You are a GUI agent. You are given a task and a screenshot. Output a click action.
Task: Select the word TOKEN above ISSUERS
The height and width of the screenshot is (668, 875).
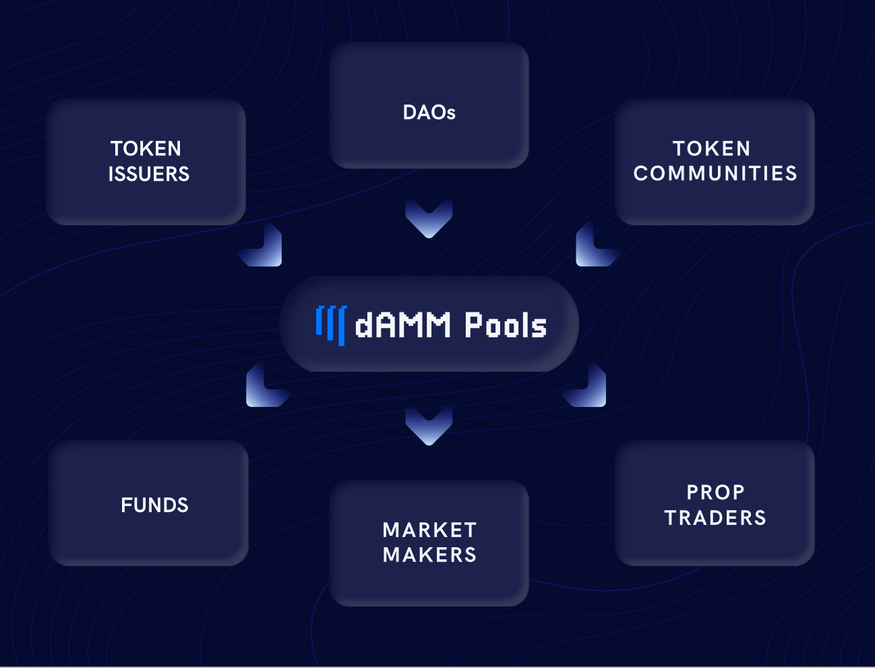point(146,148)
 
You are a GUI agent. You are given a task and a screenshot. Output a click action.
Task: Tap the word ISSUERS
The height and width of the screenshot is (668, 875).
point(149,174)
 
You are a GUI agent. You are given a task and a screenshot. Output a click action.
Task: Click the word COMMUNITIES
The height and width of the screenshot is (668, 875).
point(715,173)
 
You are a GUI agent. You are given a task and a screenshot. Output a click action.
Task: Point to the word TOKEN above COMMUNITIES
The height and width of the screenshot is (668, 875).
point(711,148)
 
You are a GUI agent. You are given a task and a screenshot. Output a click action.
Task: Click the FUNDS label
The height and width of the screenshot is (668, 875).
point(154,505)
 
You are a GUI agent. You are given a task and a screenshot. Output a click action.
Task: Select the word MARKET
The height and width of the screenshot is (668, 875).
point(429,530)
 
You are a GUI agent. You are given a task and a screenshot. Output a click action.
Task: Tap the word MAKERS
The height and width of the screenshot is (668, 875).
point(429,555)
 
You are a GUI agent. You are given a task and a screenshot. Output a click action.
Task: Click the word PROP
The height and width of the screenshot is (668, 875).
point(715,493)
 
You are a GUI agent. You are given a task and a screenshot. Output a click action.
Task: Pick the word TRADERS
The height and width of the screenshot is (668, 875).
point(715,518)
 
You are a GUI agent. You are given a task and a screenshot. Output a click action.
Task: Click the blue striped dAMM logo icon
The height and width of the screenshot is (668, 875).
point(331,325)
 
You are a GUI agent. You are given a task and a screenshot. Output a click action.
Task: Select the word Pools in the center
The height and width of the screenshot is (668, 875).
point(505,325)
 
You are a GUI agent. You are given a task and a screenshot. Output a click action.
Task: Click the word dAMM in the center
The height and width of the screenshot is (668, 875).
point(402,325)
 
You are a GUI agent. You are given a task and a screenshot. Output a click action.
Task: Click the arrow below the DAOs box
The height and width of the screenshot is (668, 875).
point(429,218)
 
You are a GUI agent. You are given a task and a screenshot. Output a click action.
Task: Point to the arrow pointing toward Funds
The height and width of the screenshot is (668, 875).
point(264,388)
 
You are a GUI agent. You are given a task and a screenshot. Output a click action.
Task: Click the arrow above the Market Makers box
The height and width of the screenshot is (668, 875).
point(429,425)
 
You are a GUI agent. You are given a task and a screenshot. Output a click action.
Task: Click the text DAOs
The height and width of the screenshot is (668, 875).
point(429,112)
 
